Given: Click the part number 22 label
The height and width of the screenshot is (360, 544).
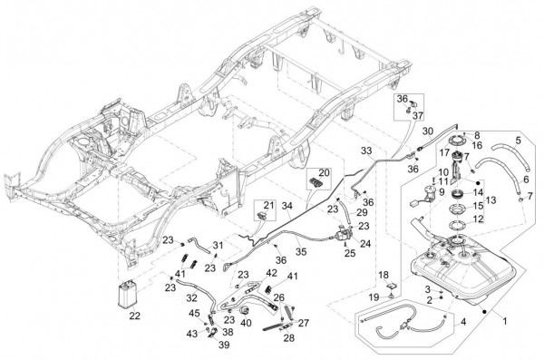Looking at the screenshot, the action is pyautogui.click(x=134, y=316).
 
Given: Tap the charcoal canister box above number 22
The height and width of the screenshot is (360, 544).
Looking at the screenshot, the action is pyautogui.click(x=127, y=294).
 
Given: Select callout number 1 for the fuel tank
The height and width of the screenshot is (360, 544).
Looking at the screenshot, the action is pyautogui.click(x=505, y=321).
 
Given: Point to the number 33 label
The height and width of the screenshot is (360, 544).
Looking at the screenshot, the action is pyautogui.click(x=366, y=151).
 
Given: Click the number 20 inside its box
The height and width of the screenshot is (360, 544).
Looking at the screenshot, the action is pyautogui.click(x=324, y=172).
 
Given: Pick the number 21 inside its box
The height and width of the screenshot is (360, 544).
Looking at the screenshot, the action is pyautogui.click(x=268, y=205).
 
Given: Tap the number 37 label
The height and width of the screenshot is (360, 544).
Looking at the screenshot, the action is pyautogui.click(x=418, y=115).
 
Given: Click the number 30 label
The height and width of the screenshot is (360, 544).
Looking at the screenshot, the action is pyautogui.click(x=428, y=131).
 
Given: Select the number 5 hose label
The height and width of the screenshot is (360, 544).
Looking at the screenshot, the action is pyautogui.click(x=518, y=141).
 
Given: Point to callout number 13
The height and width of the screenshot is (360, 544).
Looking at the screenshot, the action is pyautogui.click(x=491, y=200).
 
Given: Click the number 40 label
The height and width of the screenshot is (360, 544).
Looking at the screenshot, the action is pyautogui.click(x=246, y=323).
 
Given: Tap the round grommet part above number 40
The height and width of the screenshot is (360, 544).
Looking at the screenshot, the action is pyautogui.click(x=246, y=309).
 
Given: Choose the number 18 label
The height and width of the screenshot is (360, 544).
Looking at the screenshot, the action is pyautogui.click(x=384, y=275).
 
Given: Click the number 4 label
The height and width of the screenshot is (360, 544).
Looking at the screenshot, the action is pyautogui.click(x=463, y=322).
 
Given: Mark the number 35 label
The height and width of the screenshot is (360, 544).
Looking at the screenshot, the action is pyautogui.click(x=301, y=251).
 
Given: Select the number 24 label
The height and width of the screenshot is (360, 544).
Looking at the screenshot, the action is pyautogui.click(x=365, y=243).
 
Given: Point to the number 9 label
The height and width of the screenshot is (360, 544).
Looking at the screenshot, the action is pyautogui.click(x=442, y=191).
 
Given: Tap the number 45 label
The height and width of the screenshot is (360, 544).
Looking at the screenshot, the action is pyautogui.click(x=194, y=313).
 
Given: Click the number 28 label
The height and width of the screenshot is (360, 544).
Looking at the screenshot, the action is pyautogui.click(x=288, y=337).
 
